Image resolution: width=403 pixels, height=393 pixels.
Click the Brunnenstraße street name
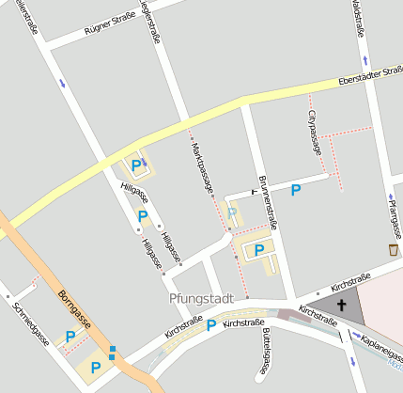pos(268,202)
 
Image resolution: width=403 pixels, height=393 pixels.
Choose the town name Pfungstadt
pos(201,298)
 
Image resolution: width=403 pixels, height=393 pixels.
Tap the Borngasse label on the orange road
pos(74,307)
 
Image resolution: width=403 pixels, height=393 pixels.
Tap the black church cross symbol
pos(341,305)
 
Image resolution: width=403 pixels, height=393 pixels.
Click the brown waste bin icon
pos(393,249)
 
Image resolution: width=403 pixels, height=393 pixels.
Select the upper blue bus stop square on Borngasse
pos(113,350)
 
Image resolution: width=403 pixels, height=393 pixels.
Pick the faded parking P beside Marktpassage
pos(233,213)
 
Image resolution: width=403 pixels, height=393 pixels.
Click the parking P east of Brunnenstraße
pos(296,190)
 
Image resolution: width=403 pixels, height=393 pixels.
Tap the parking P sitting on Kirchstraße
pos(211,325)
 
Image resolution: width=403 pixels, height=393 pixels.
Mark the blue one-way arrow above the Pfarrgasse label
pos(390,198)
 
